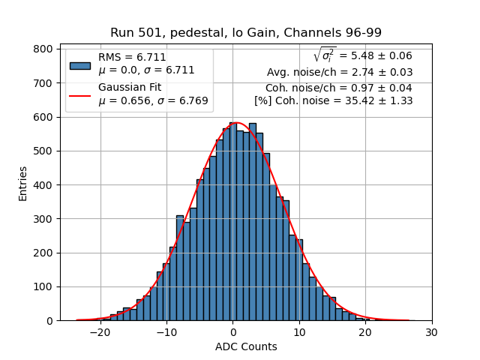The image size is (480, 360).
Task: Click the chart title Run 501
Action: click(245, 32)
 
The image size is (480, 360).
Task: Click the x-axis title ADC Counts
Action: click(245, 346)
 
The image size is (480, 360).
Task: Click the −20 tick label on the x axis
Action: click(100, 333)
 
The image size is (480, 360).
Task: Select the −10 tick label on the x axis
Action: click(166, 333)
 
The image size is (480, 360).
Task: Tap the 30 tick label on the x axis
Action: click(432, 333)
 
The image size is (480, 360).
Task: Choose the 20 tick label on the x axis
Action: click(365, 333)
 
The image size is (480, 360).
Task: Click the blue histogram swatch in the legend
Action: click(80, 64)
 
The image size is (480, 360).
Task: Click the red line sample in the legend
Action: click(80, 95)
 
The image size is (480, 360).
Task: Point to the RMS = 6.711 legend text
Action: click(132, 57)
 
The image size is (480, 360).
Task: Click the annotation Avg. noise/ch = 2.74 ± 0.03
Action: click(340, 73)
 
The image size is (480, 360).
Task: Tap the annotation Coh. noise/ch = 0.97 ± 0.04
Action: click(339, 88)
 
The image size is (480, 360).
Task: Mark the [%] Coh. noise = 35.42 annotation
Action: click(333, 101)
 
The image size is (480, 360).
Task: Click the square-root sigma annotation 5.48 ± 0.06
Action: click(362, 55)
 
